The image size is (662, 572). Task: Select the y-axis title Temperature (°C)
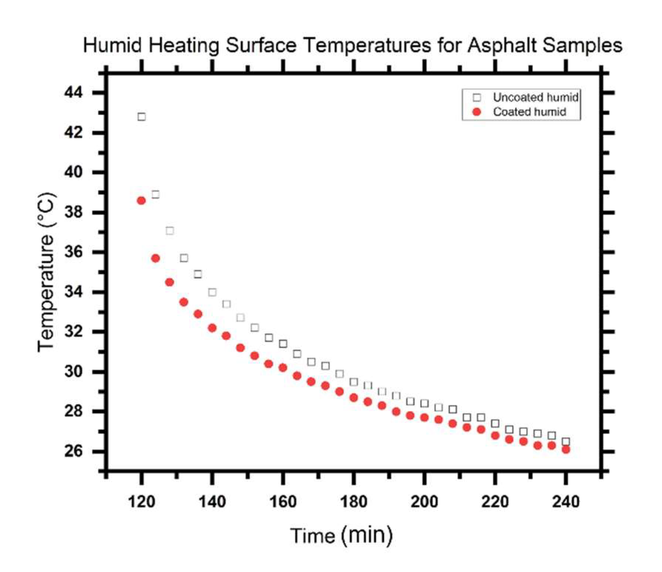(x=47, y=272)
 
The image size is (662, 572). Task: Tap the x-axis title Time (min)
(x=341, y=535)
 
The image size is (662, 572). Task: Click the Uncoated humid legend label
(x=535, y=98)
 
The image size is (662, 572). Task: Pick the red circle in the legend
(x=477, y=112)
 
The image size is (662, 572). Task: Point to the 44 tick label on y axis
(x=73, y=92)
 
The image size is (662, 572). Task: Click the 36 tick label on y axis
(x=73, y=252)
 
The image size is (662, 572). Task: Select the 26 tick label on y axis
(x=73, y=451)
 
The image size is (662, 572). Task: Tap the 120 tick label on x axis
(x=141, y=502)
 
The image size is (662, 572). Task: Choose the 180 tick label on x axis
(x=353, y=502)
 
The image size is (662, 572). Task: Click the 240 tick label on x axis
(x=566, y=502)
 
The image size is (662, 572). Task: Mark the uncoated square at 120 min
(x=142, y=117)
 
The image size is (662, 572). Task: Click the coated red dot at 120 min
(x=141, y=201)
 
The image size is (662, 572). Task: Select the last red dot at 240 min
(x=566, y=450)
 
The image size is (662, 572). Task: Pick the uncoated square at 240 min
(x=566, y=441)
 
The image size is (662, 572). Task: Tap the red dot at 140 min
(x=212, y=328)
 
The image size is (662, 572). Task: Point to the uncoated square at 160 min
(x=283, y=344)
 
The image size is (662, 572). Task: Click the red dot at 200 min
(x=425, y=418)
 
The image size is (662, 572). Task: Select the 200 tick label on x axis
(x=424, y=502)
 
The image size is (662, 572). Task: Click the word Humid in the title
(x=113, y=46)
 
